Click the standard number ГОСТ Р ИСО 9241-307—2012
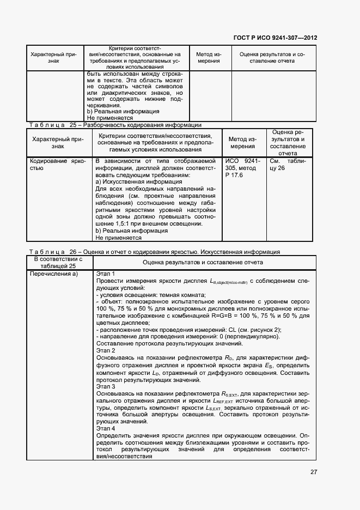pos(276,38)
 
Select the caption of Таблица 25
pos(115,125)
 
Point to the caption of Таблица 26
pos(154,252)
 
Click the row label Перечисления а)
pos(54,274)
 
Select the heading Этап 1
pos(106,274)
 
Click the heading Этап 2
pos(106,351)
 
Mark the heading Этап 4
pos(106,429)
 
